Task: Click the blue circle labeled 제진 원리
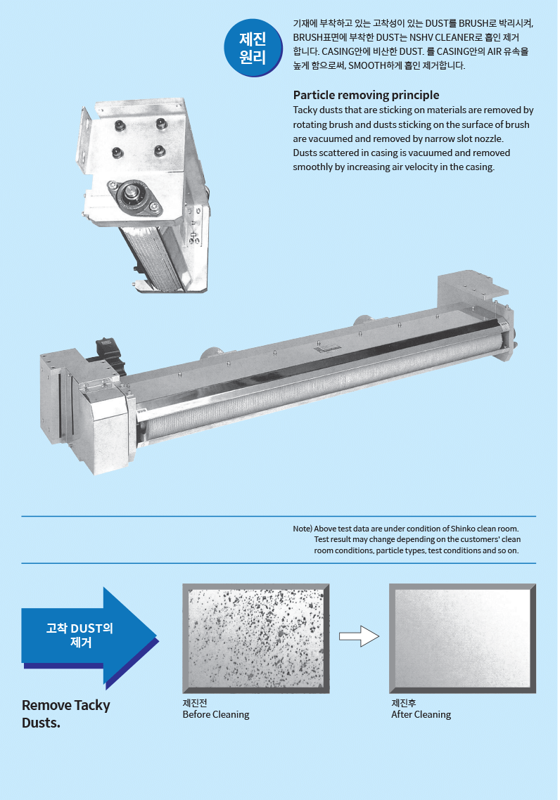[x=253, y=48]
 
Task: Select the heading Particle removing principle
[x=366, y=95]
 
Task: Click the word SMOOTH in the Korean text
[x=367, y=66]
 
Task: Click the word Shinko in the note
[x=462, y=529]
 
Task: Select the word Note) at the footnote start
[x=303, y=529]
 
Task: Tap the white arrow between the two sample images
[x=359, y=636]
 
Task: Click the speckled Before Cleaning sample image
[x=256, y=638]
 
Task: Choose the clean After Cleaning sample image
[x=462, y=638]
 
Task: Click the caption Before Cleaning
[x=216, y=714]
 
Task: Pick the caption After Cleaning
[x=421, y=714]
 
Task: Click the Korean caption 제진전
[x=195, y=703]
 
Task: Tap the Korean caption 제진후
[x=404, y=703]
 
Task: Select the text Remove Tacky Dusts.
[x=66, y=714]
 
